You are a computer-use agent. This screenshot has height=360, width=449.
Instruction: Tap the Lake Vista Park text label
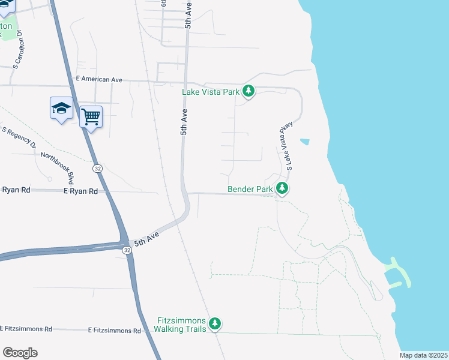[211, 92]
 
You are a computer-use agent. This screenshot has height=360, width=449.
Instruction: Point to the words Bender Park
[250, 190]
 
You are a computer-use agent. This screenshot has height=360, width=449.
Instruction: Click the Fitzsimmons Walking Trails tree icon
[215, 325]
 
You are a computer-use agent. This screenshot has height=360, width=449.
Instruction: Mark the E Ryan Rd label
[80, 191]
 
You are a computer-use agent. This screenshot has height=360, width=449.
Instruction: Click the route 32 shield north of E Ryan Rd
[97, 169]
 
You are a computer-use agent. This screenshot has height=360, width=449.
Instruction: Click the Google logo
[20, 353]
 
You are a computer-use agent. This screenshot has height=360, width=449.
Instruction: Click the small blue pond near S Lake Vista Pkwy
[305, 142]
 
